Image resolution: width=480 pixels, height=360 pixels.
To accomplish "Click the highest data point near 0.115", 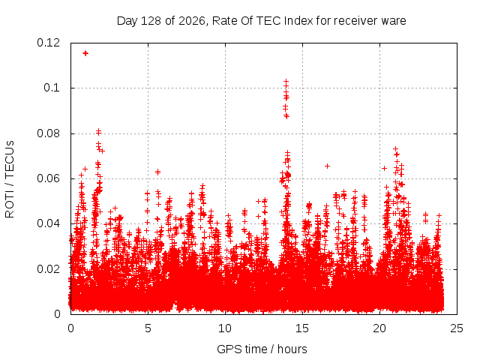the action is tap(85, 53).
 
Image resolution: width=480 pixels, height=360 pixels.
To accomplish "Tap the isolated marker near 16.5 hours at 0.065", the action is tap(327, 166).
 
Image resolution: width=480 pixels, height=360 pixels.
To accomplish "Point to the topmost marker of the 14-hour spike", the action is tap(286, 82).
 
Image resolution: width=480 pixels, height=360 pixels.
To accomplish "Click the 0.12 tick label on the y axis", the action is tap(48, 43).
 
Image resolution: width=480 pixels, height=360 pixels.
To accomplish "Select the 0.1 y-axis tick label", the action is tap(52, 88).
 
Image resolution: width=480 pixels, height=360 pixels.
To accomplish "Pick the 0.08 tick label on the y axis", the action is tap(48, 133).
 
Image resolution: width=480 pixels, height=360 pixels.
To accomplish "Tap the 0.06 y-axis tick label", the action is tap(48, 178).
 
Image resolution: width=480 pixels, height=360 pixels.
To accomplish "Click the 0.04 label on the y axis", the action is tap(48, 223).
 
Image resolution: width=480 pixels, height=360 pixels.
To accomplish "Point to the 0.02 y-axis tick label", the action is tap(48, 269).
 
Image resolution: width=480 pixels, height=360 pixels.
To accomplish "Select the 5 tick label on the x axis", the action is tap(148, 328).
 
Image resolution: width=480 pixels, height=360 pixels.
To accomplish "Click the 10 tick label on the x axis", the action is tap(225, 328).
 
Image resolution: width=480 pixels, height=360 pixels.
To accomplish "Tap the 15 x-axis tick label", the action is tap(302, 328).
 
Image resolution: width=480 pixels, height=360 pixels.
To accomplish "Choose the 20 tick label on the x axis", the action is tap(379, 328).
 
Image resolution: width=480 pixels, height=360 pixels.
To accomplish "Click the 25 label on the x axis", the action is tap(457, 328).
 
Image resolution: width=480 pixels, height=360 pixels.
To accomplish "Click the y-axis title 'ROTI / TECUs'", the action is tap(10, 179).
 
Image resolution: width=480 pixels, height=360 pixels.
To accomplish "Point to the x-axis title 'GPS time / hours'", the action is tap(262, 349).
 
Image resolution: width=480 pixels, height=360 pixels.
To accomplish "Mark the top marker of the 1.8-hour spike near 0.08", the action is tap(98, 132).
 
